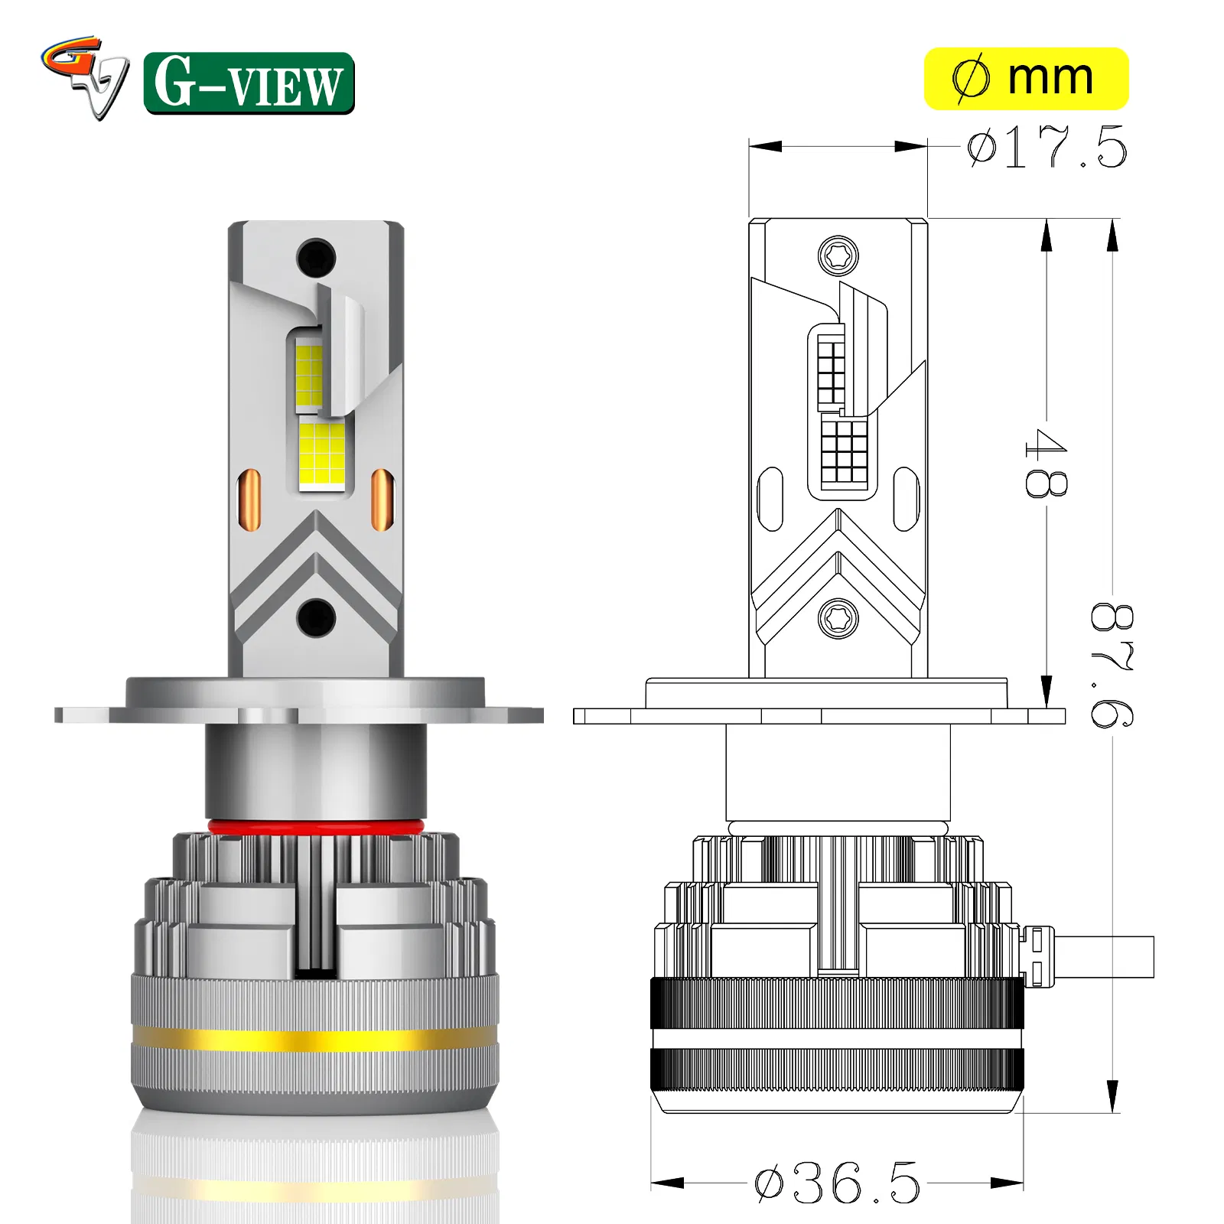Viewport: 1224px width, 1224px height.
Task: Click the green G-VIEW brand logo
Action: tap(249, 83)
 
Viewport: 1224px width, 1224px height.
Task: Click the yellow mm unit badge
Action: tap(1026, 79)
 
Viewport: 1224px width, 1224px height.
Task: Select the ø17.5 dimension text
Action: tap(1046, 148)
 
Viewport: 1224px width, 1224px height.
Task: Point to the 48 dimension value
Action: tap(1046, 463)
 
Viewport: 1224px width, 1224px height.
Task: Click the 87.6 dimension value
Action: tap(1112, 664)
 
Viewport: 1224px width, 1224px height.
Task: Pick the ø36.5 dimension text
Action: tap(837, 1182)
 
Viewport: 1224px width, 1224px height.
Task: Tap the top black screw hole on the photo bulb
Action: tap(316, 256)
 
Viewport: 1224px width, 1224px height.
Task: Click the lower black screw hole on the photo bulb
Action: tap(316, 617)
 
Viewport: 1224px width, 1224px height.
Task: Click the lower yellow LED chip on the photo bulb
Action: tap(322, 454)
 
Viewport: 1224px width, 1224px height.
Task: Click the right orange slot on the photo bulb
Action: tap(382, 500)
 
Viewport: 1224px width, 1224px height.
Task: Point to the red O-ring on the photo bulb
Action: tap(315, 828)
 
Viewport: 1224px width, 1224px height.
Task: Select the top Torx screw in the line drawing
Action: tap(838, 256)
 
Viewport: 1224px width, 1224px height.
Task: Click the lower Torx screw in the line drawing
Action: tap(838, 617)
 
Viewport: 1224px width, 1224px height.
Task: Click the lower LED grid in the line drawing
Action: tap(844, 451)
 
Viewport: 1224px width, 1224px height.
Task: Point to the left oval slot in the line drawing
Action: tap(770, 499)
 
